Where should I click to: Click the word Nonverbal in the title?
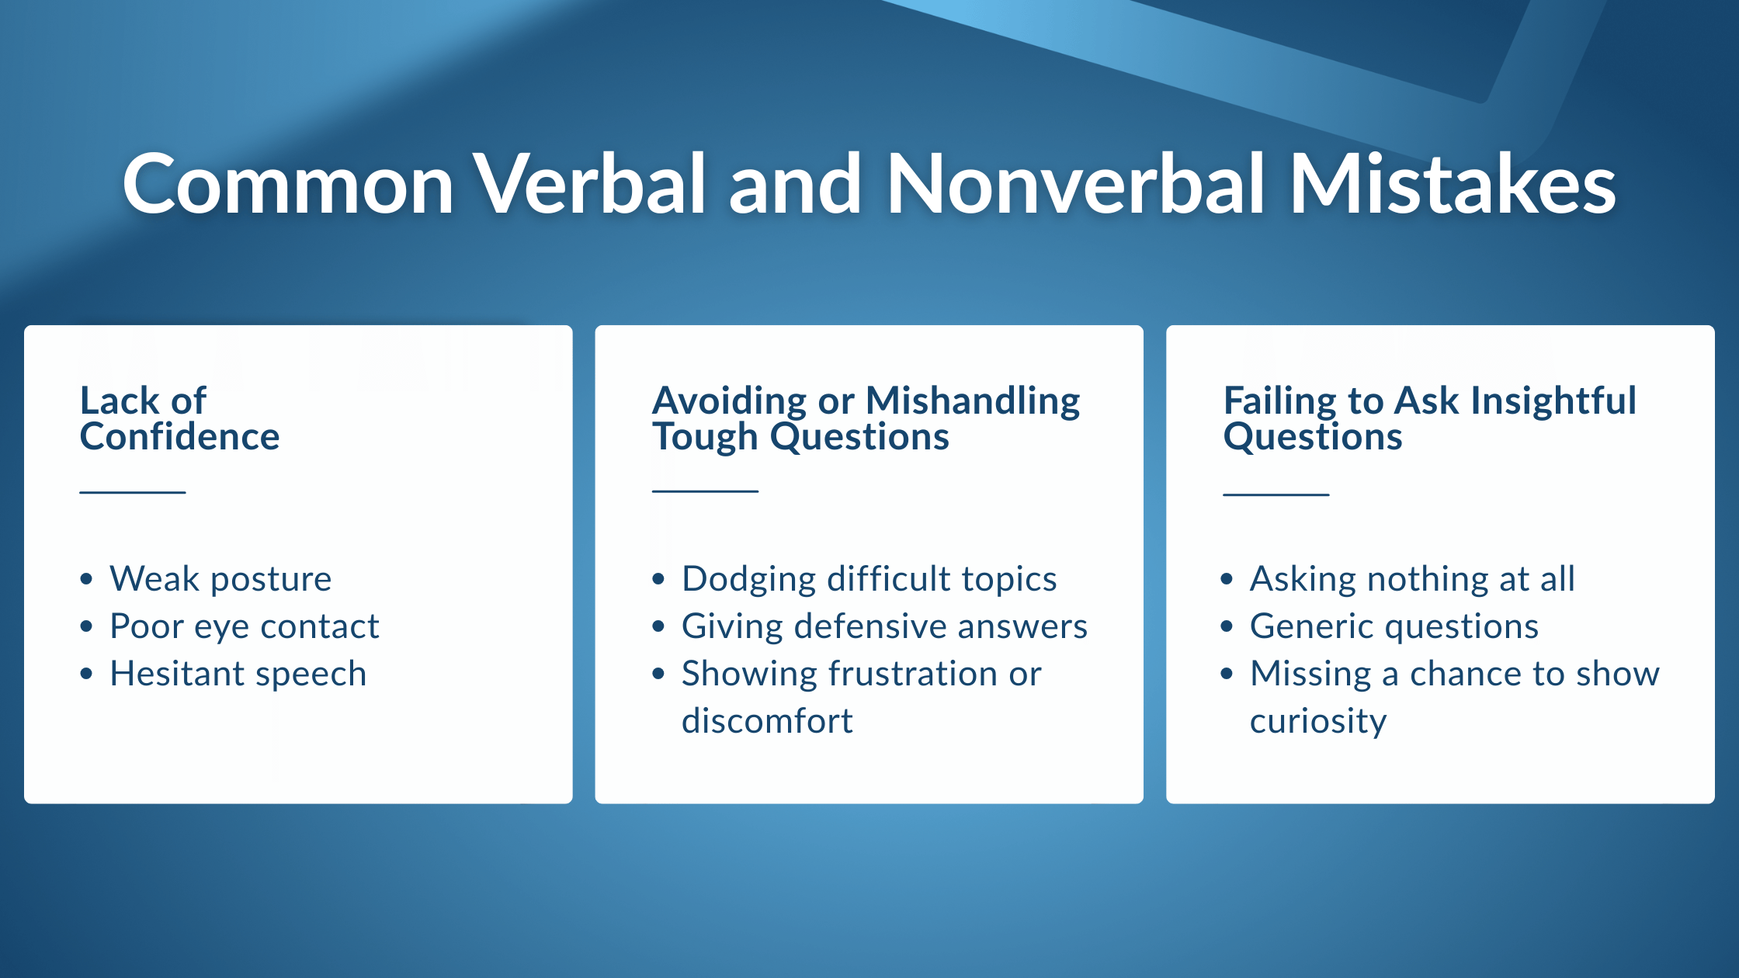point(1075,184)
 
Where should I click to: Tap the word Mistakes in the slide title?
point(1453,184)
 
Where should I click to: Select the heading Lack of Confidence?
point(179,418)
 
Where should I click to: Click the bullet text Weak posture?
point(220,579)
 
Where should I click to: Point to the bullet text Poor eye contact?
point(245,626)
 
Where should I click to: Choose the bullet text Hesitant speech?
point(238,674)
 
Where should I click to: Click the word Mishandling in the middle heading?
point(973,402)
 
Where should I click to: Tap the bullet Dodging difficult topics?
point(869,579)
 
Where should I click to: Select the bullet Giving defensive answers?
point(885,626)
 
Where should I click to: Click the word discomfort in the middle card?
point(767,721)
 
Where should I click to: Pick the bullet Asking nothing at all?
point(1412,579)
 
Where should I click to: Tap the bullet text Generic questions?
point(1394,626)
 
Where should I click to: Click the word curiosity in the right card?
point(1318,722)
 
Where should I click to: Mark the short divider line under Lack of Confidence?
point(133,492)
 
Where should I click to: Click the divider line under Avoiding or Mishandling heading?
point(705,491)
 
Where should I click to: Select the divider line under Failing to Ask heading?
point(1276,494)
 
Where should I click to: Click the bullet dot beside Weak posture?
point(86,579)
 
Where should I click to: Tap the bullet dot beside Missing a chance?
point(1227,674)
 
